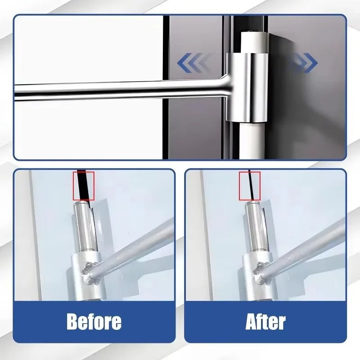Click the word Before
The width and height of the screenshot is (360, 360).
(94, 322)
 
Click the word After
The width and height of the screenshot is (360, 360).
(265, 322)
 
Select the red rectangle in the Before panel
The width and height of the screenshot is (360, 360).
(84, 186)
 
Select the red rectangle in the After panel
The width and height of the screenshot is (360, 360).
(250, 186)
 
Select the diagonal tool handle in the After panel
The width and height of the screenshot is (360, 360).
(310, 243)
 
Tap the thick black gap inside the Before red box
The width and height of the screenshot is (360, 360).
(82, 185)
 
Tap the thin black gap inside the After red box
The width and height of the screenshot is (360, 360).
(251, 185)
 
